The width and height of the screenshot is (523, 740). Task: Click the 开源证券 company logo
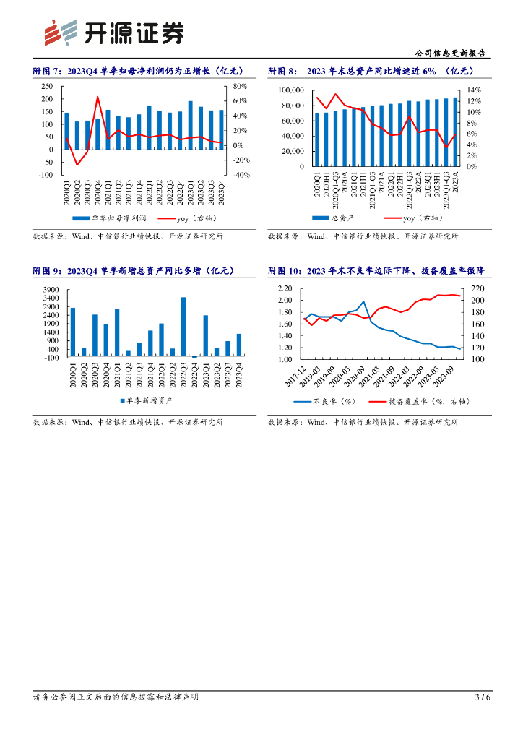click(x=113, y=33)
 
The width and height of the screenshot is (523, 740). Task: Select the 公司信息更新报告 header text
click(x=451, y=53)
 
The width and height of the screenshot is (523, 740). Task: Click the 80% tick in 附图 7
click(x=241, y=86)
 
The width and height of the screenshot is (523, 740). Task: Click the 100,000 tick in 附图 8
click(x=291, y=90)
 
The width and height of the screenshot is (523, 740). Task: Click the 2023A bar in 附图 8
click(x=455, y=132)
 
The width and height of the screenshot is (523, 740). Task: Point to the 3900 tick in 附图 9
click(x=51, y=290)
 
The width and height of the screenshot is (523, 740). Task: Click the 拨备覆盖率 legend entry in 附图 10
click(x=411, y=402)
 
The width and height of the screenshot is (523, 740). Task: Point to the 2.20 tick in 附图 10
click(x=285, y=288)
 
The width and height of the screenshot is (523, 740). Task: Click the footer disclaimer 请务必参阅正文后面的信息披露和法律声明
click(x=116, y=697)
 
